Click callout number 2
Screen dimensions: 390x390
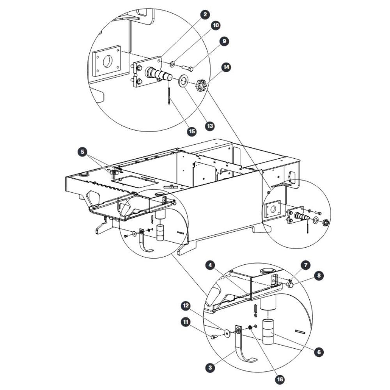205,15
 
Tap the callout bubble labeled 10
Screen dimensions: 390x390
216,25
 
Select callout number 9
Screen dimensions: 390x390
224,41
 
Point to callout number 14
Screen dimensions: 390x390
226,67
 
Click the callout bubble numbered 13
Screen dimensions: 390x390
210,126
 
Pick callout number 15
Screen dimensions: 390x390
192,131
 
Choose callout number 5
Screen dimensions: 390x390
82,152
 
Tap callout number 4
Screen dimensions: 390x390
211,265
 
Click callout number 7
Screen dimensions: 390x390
306,265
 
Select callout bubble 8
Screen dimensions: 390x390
319,276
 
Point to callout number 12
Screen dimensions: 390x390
186,306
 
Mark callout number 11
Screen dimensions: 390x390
186,322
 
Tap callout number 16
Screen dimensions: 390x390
280,379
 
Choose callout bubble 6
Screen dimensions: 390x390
319,352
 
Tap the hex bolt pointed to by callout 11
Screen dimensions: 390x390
214,337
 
